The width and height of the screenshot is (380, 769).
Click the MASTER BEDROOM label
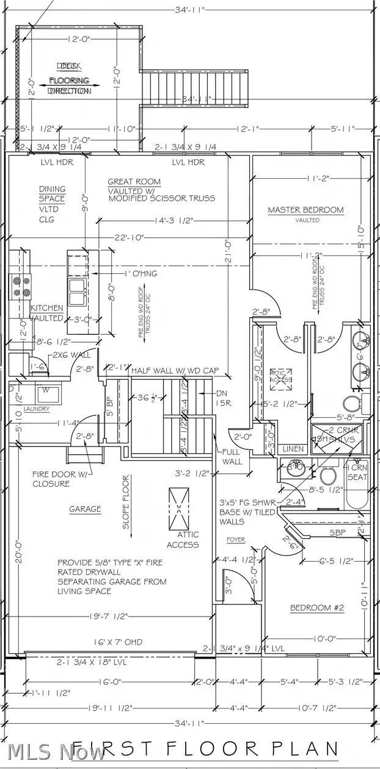[305, 210]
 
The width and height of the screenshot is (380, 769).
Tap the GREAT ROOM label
[134, 181]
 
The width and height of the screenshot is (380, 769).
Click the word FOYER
[236, 539]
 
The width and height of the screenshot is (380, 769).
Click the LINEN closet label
[293, 449]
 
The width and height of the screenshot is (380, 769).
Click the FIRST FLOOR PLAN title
[205, 749]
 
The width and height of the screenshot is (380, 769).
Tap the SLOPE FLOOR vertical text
[126, 502]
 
